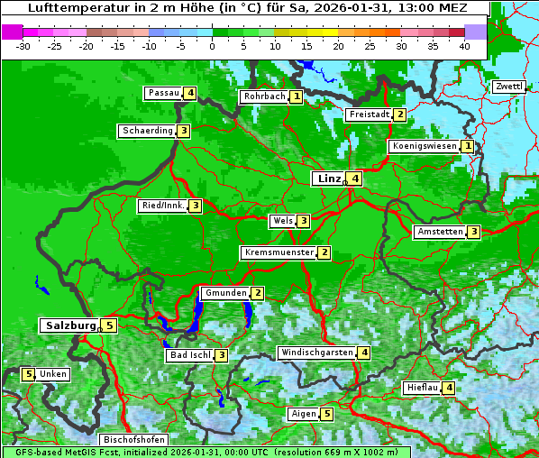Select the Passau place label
click(x=164, y=93)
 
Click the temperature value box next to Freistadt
click(x=399, y=114)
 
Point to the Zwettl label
click(x=508, y=87)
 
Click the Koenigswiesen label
click(x=425, y=146)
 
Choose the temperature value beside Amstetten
click(x=473, y=232)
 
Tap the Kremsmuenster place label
click(x=279, y=252)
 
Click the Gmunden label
click(x=225, y=293)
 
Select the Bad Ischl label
click(x=190, y=355)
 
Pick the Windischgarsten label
click(x=316, y=353)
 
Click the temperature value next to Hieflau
click(x=448, y=388)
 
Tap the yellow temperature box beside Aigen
click(x=326, y=414)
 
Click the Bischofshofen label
click(x=133, y=440)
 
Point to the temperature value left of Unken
click(x=28, y=373)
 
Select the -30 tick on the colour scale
click(x=23, y=46)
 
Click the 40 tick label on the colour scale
click(x=464, y=46)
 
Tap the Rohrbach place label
click(x=264, y=96)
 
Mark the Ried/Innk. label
click(x=163, y=206)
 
